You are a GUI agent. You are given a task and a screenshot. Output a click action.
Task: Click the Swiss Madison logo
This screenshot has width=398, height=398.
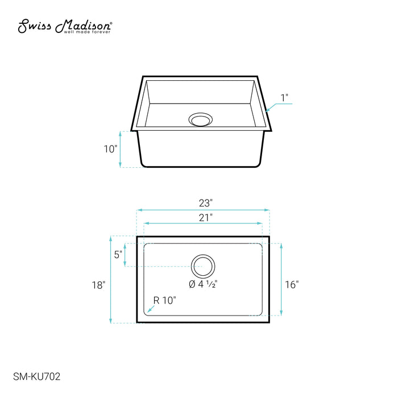click(x=65, y=26)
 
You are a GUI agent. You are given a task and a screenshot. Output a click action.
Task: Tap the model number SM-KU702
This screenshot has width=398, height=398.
click(x=37, y=376)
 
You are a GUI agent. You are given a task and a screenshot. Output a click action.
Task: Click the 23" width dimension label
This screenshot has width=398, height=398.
click(x=205, y=203)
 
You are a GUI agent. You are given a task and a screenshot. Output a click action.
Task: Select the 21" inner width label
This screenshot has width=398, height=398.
click(x=205, y=218)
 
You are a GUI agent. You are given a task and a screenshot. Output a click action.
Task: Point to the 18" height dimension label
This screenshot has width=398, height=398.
click(x=98, y=285)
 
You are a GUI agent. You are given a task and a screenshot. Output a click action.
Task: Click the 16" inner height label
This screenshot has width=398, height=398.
click(x=292, y=284)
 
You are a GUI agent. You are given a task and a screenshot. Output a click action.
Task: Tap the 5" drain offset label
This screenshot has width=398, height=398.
click(x=118, y=255)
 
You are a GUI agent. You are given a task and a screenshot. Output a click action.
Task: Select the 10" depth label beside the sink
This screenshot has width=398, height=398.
click(x=111, y=149)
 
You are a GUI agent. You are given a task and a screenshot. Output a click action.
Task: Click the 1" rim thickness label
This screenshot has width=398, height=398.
click(x=284, y=98)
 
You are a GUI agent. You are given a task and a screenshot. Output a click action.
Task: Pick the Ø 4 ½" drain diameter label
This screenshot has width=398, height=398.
click(x=203, y=284)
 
